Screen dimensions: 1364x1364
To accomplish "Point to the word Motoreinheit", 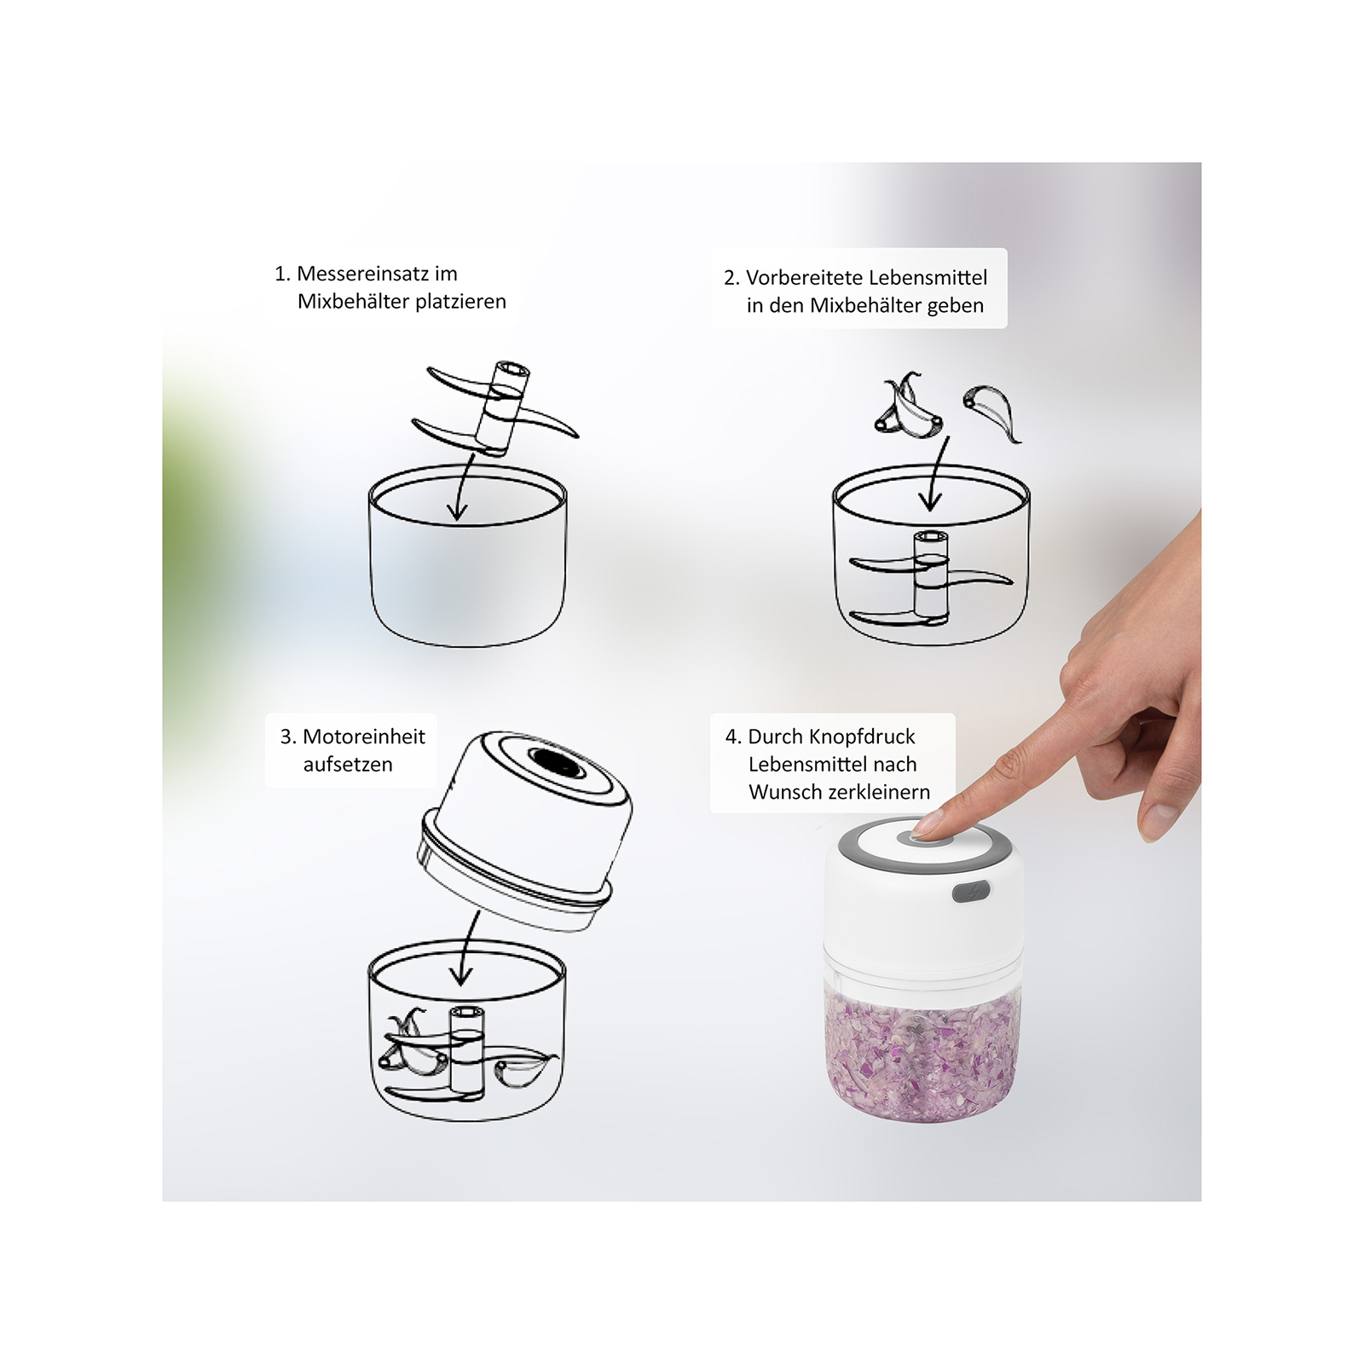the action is [364, 737].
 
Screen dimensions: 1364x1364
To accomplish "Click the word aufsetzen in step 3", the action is [348, 765].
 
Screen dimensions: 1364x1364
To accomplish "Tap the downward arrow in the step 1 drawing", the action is [462, 487].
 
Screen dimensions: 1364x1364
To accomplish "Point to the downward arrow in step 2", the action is [936, 474].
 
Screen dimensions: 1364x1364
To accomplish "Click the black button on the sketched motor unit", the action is [556, 761].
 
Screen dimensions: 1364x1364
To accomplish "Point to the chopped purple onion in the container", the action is [922, 1055].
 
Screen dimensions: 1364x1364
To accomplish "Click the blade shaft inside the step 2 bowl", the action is [930, 575].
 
